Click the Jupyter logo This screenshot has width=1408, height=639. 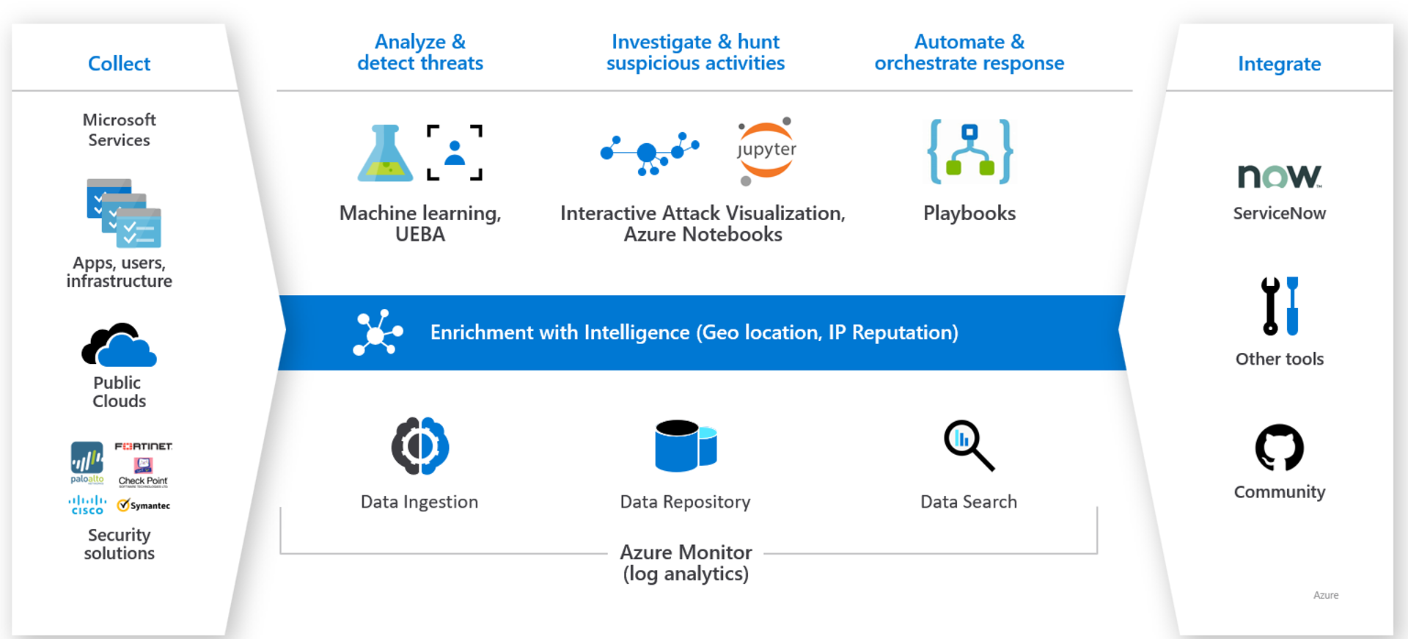766,150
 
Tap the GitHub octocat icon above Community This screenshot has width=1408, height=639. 1279,448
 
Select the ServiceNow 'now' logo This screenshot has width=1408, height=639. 1279,176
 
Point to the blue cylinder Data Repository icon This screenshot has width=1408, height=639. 685,445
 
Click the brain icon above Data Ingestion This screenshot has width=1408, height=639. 419,446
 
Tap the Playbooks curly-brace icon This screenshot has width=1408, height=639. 969,152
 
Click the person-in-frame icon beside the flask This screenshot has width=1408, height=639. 455,153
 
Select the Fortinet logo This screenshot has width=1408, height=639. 144,446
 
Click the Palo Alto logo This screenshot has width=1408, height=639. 87,462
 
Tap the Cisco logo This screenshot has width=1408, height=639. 87,505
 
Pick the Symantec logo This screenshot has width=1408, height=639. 144,505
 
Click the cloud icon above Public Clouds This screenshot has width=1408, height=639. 119,345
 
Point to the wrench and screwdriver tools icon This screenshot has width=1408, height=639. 1279,307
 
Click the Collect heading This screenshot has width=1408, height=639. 119,64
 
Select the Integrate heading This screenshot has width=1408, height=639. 1279,64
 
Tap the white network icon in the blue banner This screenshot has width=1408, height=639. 377,332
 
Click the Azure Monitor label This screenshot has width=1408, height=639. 686,552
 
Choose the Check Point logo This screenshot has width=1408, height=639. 143,472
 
